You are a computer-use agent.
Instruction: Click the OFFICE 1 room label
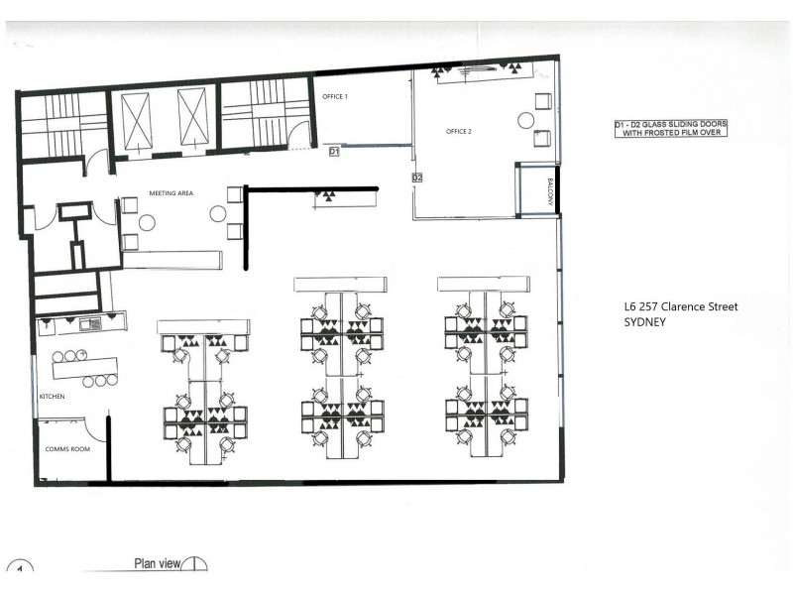tap(336, 96)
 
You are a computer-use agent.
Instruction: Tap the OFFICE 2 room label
tap(458, 131)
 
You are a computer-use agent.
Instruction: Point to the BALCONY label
tap(549, 190)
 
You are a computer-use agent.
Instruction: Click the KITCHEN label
tap(52, 397)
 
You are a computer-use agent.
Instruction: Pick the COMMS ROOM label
tap(67, 449)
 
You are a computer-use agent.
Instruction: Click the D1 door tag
tap(334, 152)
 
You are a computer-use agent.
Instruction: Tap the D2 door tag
tap(417, 178)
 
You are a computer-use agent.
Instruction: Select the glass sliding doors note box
tap(670, 128)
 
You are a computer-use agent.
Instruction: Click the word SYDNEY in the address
tap(643, 322)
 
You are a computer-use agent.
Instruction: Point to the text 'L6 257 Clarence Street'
tap(673, 306)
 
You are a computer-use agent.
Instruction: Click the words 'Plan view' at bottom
tap(157, 564)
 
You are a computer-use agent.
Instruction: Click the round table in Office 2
tap(525, 120)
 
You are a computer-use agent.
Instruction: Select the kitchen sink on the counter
tap(88, 323)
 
